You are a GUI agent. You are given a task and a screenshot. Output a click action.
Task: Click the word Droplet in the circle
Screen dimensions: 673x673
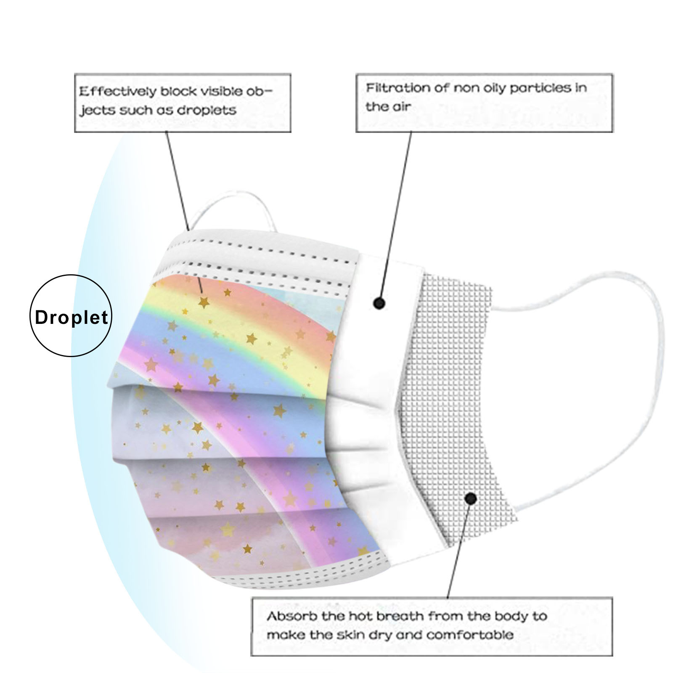(71, 317)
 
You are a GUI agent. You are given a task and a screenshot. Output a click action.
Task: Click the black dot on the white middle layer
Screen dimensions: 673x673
(379, 303)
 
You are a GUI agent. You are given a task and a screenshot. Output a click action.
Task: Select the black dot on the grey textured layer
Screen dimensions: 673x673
(471, 499)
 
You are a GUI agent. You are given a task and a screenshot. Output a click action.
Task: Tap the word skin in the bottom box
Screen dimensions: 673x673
(344, 635)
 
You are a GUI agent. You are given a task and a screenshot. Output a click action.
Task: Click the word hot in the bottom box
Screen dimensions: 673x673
(361, 617)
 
